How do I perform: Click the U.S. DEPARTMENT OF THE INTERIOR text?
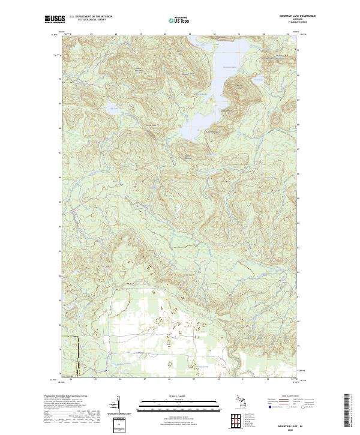(x=91, y=17)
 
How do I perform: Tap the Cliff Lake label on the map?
(x=113, y=107)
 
